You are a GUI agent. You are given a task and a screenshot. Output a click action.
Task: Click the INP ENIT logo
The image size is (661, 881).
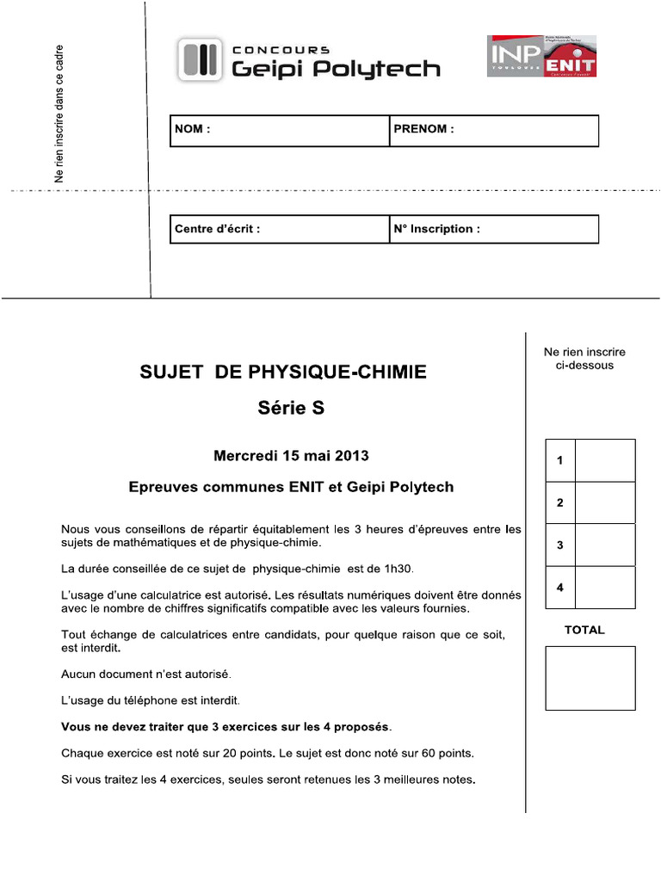(541, 56)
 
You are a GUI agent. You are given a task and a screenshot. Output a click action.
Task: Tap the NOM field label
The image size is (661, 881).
(192, 130)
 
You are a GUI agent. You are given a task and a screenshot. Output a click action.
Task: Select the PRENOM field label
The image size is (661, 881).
(423, 130)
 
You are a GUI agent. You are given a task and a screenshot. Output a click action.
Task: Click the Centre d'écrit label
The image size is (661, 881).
(217, 229)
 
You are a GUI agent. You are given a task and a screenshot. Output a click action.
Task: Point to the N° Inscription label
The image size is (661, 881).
(436, 229)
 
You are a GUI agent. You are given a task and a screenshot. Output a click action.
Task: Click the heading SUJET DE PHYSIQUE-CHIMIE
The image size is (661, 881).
(283, 373)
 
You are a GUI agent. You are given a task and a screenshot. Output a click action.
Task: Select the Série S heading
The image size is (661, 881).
(292, 410)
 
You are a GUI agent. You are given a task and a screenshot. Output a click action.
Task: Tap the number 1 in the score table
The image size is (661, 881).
(560, 461)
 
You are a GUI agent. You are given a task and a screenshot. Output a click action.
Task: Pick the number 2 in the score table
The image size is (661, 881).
(560, 503)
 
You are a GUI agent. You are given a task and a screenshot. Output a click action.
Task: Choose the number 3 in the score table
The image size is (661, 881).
(560, 545)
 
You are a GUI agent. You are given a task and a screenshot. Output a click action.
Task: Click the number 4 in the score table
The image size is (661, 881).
(560, 588)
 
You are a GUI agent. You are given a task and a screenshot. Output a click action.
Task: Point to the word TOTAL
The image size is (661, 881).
(584, 630)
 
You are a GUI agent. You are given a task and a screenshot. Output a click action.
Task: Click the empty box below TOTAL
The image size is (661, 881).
(590, 678)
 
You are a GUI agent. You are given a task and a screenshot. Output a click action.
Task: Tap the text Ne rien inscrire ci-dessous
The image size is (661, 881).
(584, 359)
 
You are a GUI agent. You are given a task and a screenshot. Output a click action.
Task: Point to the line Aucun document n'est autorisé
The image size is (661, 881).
(146, 673)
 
